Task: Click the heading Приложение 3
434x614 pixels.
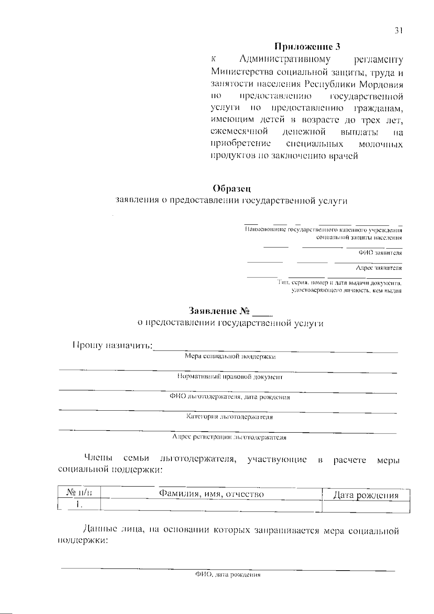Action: pos(307,47)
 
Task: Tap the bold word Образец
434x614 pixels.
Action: pos(231,189)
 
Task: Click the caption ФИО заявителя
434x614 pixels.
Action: pos(380,253)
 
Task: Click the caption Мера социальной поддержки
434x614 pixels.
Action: pos(230,357)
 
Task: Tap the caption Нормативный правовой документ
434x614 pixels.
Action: pos(230,377)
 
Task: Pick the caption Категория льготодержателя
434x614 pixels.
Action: pos(229,417)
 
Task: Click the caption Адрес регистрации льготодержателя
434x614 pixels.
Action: pos(229,437)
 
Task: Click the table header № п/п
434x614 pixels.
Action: pos(79,493)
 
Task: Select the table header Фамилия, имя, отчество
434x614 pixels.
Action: pos(212,494)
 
